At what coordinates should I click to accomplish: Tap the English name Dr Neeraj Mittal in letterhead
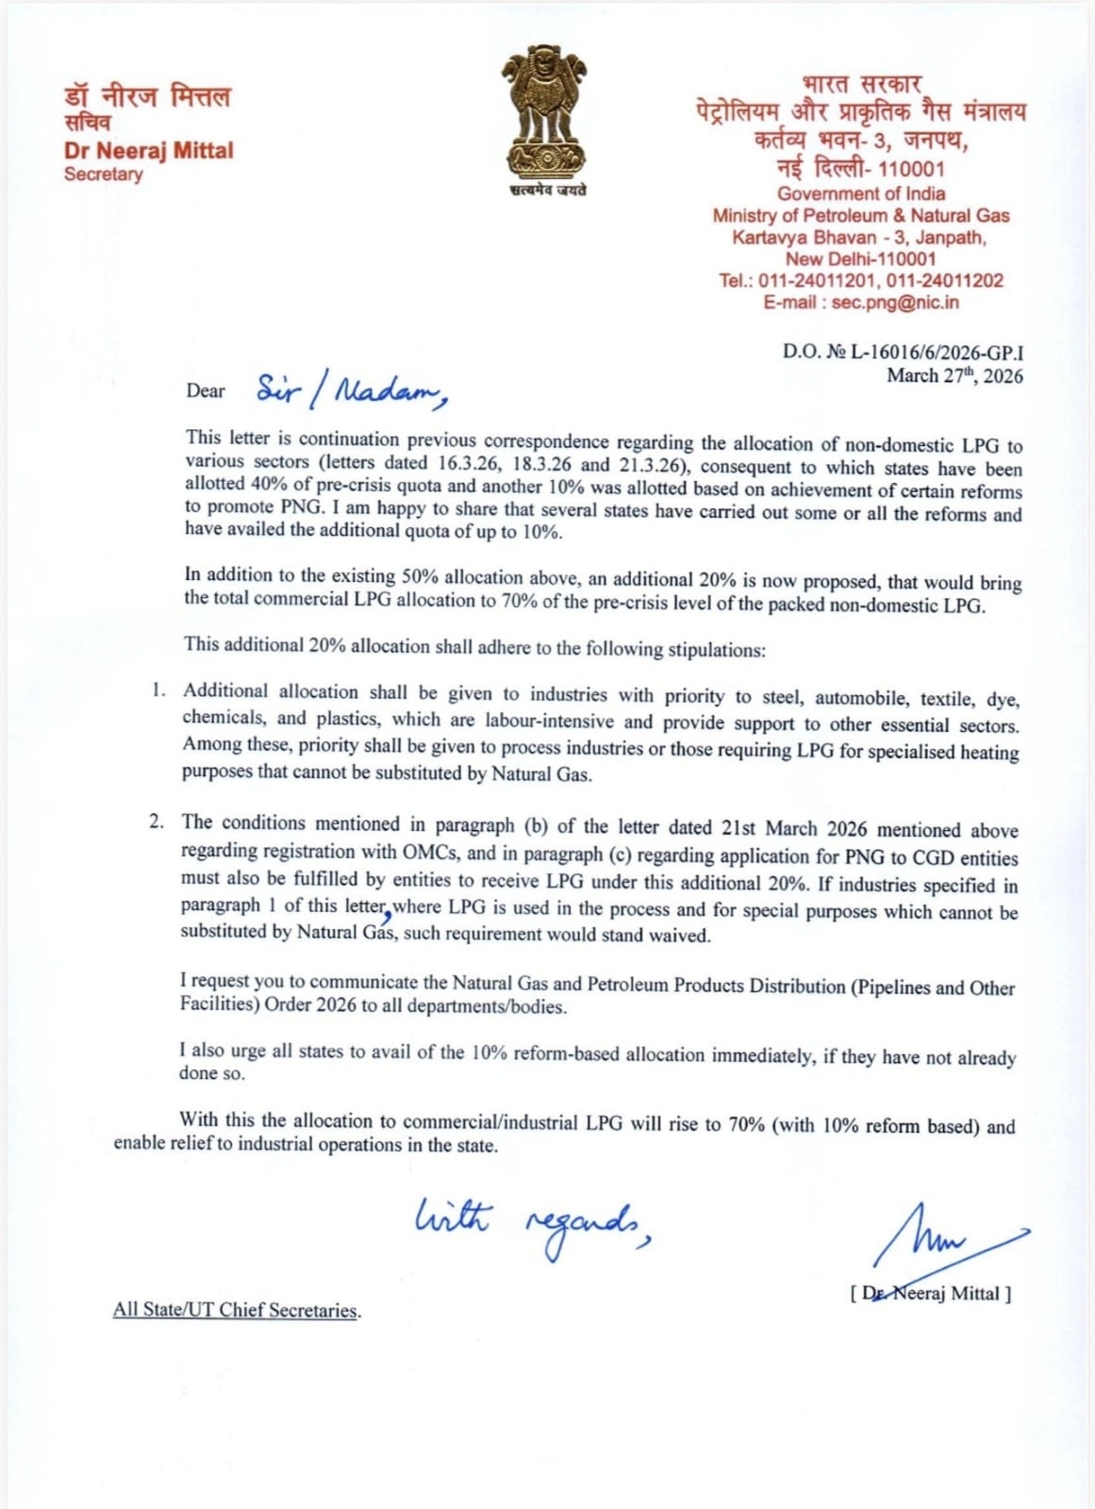(148, 150)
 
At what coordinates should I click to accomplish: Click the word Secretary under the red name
(103, 174)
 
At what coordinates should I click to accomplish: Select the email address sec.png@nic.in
(895, 303)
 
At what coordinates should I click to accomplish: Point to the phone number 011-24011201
(818, 280)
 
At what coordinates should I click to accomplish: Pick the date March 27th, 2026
(954, 375)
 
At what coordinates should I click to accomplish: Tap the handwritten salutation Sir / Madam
(350, 390)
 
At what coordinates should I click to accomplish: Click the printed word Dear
(206, 390)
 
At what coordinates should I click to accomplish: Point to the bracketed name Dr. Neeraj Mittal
(930, 1293)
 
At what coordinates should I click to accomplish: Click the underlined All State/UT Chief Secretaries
(236, 1310)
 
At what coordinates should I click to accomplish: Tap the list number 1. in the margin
(158, 690)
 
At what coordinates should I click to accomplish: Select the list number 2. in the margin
(157, 821)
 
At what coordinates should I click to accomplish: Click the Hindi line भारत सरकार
(861, 85)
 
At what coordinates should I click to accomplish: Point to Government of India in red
(861, 193)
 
